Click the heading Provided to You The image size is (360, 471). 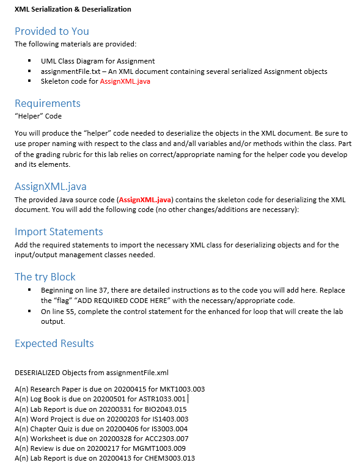pyautogui.click(x=51, y=31)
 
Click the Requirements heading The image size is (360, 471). pyautogui.click(x=47, y=103)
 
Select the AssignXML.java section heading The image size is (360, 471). pyautogui.click(x=50, y=186)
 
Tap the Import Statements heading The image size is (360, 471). pyautogui.click(x=59, y=232)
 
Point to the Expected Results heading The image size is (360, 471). pyautogui.click(x=54, y=343)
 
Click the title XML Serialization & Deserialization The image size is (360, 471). pyautogui.click(x=73, y=9)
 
